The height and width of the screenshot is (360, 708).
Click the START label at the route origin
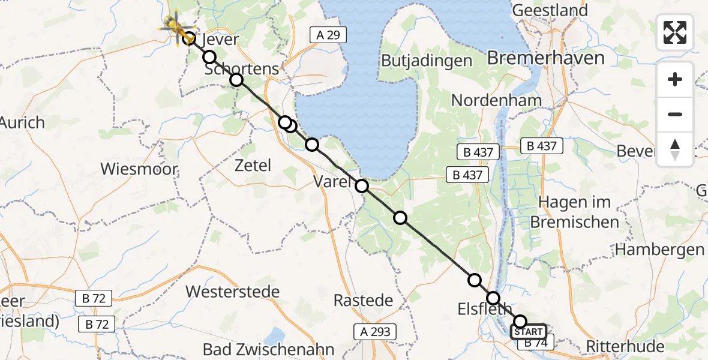coord(528,332)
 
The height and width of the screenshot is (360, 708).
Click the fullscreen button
coord(675,32)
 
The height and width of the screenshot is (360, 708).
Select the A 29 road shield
coord(329,35)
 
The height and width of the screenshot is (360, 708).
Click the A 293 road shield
coord(376,331)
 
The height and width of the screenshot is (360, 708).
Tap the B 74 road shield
coord(536,343)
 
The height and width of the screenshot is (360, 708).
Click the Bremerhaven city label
coord(545,59)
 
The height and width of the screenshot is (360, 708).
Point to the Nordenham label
coord(496,101)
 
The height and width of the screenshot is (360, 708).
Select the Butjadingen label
coord(427,61)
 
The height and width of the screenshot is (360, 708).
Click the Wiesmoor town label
coord(139,169)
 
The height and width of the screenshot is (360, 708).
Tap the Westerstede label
coord(233,292)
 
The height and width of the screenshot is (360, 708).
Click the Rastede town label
coord(363,300)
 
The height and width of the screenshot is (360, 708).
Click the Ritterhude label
coord(625,346)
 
